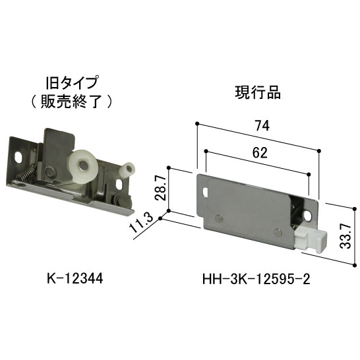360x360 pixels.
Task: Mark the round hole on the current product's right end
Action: pyautogui.click(x=309, y=215)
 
